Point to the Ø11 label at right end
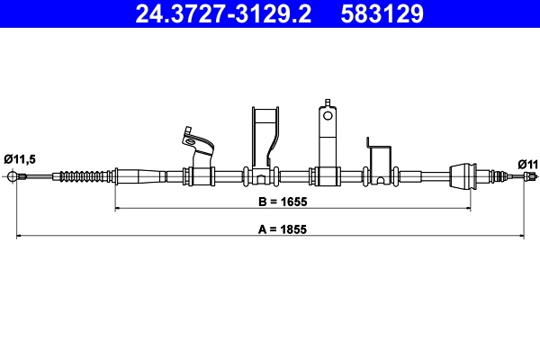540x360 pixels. (x=528, y=164)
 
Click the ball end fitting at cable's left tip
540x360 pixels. (x=13, y=175)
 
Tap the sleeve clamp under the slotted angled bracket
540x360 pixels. (x=200, y=175)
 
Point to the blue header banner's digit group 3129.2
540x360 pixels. (x=267, y=13)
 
